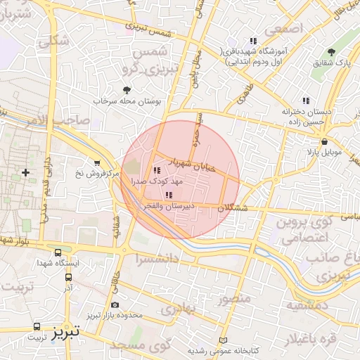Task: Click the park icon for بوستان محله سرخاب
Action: (127, 90)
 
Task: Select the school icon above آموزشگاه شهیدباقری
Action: (253, 41)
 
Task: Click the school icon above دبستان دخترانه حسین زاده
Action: (305, 101)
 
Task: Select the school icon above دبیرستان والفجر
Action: (168, 195)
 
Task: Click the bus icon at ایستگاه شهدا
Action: (57, 252)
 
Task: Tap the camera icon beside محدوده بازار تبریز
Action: (115, 304)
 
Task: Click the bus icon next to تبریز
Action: (37, 327)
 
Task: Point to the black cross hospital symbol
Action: (26, 172)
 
